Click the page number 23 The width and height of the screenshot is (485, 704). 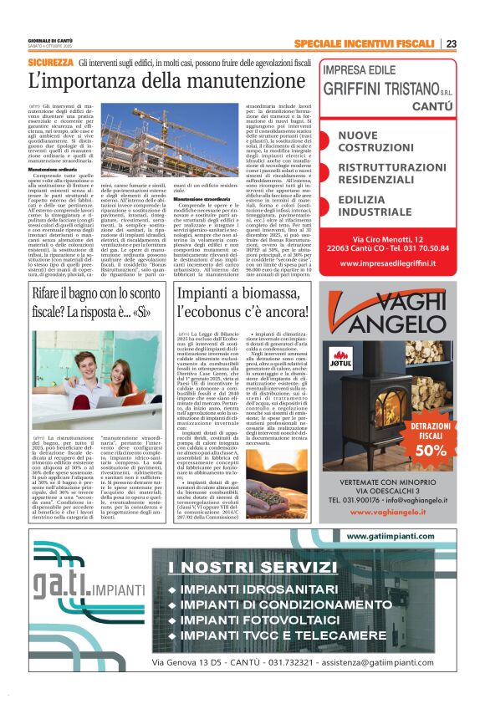click(x=452, y=43)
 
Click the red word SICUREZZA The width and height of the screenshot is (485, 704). click(x=50, y=63)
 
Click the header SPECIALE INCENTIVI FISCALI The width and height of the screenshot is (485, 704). click(x=365, y=43)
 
